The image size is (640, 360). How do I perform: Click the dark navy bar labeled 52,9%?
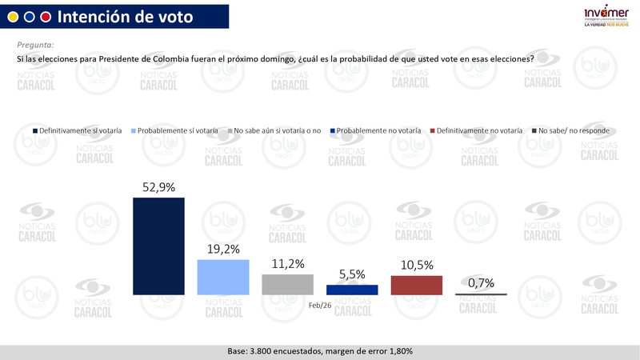pos(158,246)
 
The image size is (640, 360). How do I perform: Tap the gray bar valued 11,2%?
pos(287,285)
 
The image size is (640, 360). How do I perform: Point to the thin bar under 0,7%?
pos(481,295)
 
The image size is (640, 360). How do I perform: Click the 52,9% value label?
pos(158,188)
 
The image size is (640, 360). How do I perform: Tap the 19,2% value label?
pos(223,249)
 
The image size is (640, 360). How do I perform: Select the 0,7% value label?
pos(481,282)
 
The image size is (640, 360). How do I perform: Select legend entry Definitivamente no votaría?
pos(475,130)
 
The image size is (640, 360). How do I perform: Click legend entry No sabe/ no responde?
pos(570,130)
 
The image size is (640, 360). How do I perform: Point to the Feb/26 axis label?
pos(320,305)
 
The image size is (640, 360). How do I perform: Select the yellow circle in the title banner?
pos(13,16)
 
